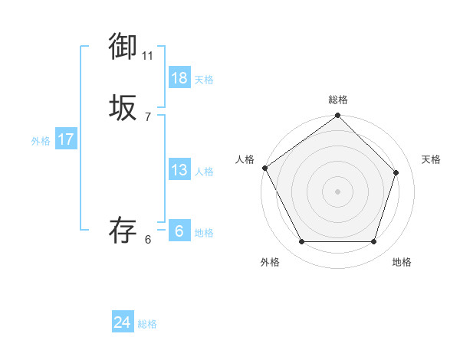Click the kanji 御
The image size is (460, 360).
point(123,47)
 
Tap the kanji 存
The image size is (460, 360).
point(123,231)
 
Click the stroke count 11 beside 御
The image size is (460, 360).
point(148,56)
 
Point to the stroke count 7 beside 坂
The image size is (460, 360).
point(148,117)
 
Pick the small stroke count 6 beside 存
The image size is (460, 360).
point(148,240)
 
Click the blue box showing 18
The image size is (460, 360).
point(179,78)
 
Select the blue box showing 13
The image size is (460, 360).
point(179,170)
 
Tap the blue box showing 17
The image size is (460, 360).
point(66,139)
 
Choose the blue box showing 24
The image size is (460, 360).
point(123,322)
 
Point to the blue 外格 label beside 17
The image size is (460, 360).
point(41,141)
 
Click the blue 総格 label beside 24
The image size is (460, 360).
point(148,324)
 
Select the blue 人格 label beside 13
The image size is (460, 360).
point(204,172)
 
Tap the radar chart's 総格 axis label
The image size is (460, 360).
point(338,100)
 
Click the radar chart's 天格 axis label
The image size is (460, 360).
point(432,159)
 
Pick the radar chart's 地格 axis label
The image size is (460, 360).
point(402,262)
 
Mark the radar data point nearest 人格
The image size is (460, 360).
point(265,168)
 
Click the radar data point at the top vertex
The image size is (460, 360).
point(338,116)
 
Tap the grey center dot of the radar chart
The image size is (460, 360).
point(338,191)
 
